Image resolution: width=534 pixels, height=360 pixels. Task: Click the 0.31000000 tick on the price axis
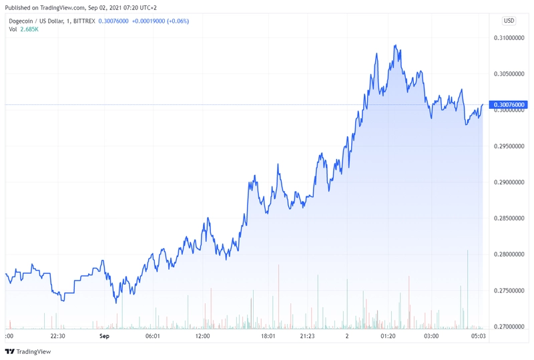tap(509, 38)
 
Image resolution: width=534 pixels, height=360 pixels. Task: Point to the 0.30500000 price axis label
tap(509, 74)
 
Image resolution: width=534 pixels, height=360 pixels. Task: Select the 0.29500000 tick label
tap(509, 146)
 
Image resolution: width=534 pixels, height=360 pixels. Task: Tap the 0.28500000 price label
tap(509, 218)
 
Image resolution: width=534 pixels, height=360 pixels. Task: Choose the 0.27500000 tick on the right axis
tap(509, 291)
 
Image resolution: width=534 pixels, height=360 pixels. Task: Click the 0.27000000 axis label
tap(509, 327)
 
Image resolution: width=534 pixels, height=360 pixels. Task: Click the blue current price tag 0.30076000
tap(508, 105)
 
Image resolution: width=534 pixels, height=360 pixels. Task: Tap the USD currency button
tap(509, 21)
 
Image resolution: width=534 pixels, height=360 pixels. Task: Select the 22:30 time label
tap(57, 336)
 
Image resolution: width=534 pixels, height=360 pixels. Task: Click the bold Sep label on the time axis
tap(104, 336)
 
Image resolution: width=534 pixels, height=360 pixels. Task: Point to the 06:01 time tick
tap(153, 336)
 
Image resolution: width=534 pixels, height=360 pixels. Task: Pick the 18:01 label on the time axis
tap(268, 336)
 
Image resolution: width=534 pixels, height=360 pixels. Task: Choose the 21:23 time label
tap(307, 336)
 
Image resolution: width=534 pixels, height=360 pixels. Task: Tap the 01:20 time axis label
tap(388, 336)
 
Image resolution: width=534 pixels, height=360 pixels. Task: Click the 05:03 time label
tap(478, 336)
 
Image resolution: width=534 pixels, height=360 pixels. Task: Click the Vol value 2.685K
tap(29, 29)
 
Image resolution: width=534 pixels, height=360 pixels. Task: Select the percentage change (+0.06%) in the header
tap(178, 21)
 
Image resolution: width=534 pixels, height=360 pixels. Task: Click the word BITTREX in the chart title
tap(84, 21)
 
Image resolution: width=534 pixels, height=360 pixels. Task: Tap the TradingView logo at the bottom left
tap(28, 351)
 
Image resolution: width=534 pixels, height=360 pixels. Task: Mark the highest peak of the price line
tap(395, 45)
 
